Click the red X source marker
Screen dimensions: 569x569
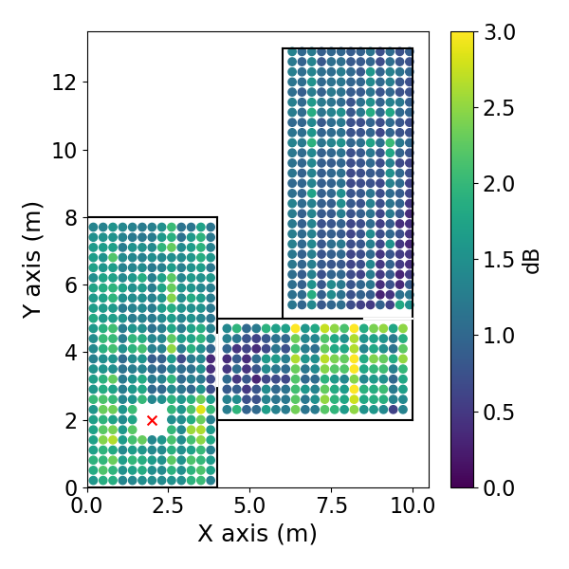pyautogui.click(x=152, y=420)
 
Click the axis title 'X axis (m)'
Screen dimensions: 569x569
pyautogui.click(x=257, y=534)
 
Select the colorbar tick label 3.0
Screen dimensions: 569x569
pyautogui.click(x=499, y=32)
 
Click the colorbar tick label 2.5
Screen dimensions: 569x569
pyautogui.click(x=499, y=108)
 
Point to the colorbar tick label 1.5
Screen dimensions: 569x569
pyautogui.click(x=499, y=260)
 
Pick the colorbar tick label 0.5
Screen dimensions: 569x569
pyautogui.click(x=499, y=412)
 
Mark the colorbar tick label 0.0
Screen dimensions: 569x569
pyautogui.click(x=499, y=487)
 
